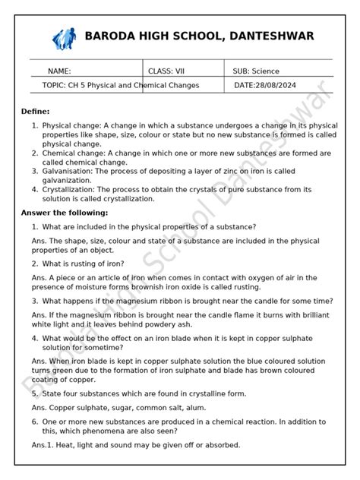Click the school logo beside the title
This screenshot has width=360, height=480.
coord(64,37)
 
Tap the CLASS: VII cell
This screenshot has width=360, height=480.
coord(166,71)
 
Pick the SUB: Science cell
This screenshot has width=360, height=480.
coord(256,71)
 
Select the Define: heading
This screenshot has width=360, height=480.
coord(35,111)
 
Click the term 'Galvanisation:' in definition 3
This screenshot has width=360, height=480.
coord(68,172)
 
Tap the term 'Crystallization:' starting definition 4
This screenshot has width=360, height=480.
coord(70,190)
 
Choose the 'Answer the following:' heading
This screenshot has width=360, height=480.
coord(65,213)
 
